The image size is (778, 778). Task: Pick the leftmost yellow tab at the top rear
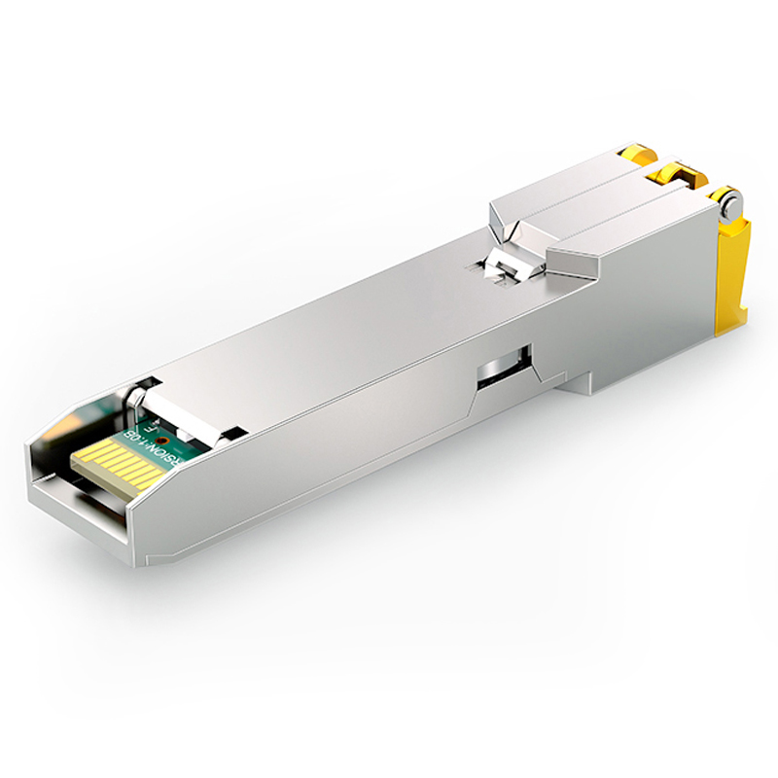[633, 154]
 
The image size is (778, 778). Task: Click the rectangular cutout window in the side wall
[504, 368]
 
